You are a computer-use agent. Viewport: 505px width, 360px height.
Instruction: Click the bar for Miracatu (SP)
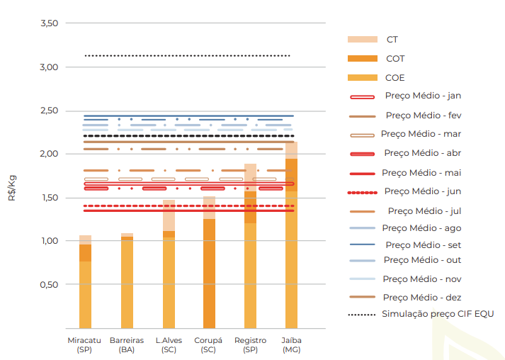(x=85, y=283)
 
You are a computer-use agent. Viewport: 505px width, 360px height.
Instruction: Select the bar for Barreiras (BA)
(x=127, y=283)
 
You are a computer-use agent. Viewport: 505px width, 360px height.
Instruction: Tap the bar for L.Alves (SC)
(x=169, y=283)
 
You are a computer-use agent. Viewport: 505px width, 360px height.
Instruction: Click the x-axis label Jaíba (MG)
(x=291, y=345)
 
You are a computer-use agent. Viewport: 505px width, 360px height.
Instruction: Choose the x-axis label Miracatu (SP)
(x=85, y=345)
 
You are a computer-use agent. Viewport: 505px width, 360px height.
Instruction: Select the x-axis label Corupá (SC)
(x=208, y=345)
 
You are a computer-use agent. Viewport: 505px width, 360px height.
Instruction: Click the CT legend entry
(x=392, y=40)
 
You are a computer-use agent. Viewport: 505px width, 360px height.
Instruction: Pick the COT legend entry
(x=395, y=59)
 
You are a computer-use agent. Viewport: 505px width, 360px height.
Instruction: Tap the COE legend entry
(x=395, y=77)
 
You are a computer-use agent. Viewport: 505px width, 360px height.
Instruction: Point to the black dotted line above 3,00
(x=188, y=55)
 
